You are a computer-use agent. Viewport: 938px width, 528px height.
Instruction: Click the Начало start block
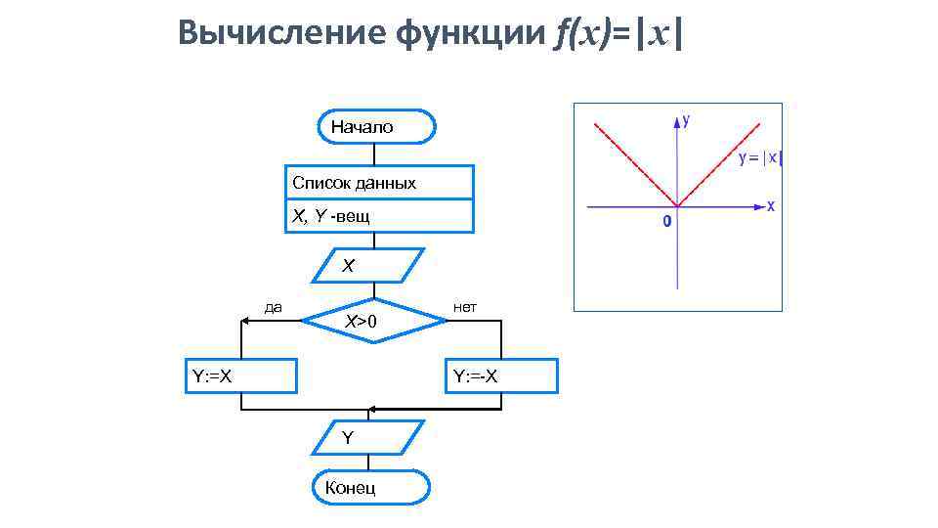(x=376, y=126)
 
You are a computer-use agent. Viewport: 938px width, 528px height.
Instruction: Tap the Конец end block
(x=370, y=488)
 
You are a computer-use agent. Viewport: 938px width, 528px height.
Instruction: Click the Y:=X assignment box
(x=240, y=375)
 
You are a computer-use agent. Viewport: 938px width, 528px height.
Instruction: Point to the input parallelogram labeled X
(x=368, y=265)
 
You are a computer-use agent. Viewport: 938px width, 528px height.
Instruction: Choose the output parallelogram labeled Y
(x=368, y=437)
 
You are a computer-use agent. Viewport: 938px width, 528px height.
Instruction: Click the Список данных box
(x=379, y=183)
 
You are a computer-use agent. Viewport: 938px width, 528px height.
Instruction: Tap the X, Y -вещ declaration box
(x=379, y=216)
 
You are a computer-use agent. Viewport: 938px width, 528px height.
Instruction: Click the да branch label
(x=274, y=307)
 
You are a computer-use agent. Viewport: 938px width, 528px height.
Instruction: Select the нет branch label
(x=465, y=307)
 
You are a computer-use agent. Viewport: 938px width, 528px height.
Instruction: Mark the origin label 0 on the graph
(x=666, y=222)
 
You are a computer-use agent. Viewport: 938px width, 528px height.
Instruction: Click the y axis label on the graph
(x=687, y=120)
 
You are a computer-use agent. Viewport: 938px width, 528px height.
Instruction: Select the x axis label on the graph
(x=770, y=206)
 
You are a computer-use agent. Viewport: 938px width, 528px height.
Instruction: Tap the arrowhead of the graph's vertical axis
(x=677, y=122)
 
